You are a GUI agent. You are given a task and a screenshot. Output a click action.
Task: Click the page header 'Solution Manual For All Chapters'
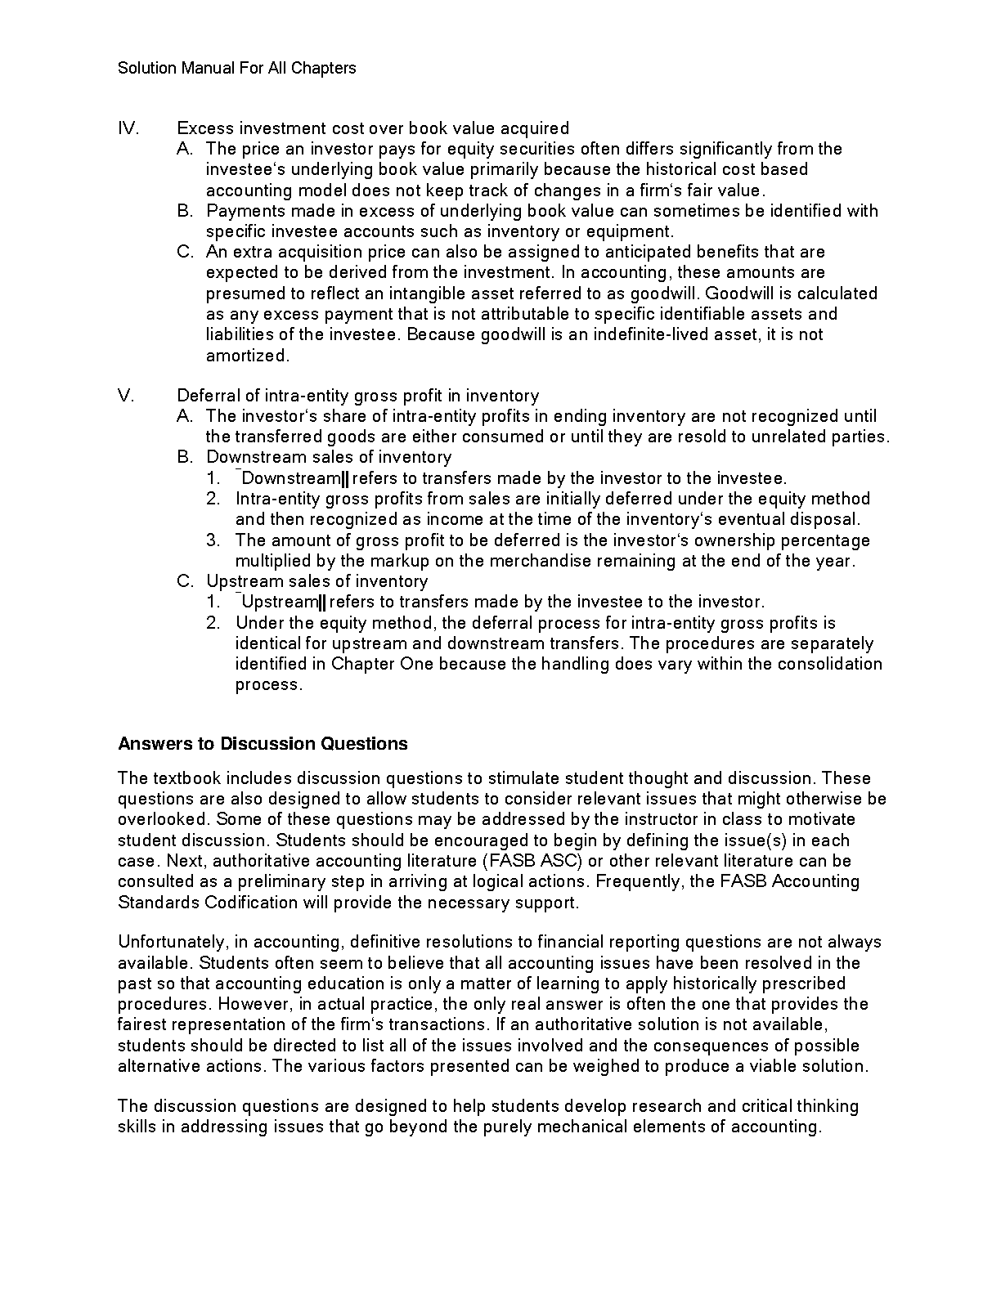[x=236, y=68]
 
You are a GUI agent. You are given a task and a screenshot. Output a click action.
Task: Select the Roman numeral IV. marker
[x=128, y=128]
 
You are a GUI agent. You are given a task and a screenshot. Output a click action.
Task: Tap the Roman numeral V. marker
[x=127, y=396]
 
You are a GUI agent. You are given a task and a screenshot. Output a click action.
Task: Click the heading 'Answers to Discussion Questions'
[x=263, y=744]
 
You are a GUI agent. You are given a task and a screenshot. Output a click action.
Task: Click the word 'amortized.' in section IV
[x=248, y=356]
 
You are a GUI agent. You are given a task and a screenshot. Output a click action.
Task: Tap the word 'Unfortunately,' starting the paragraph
[x=168, y=943]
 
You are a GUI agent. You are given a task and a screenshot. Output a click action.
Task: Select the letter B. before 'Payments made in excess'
[x=185, y=211]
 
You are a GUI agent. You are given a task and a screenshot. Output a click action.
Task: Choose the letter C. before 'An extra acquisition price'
[x=185, y=252]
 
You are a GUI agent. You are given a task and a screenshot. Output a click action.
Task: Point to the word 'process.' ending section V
[x=269, y=684]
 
